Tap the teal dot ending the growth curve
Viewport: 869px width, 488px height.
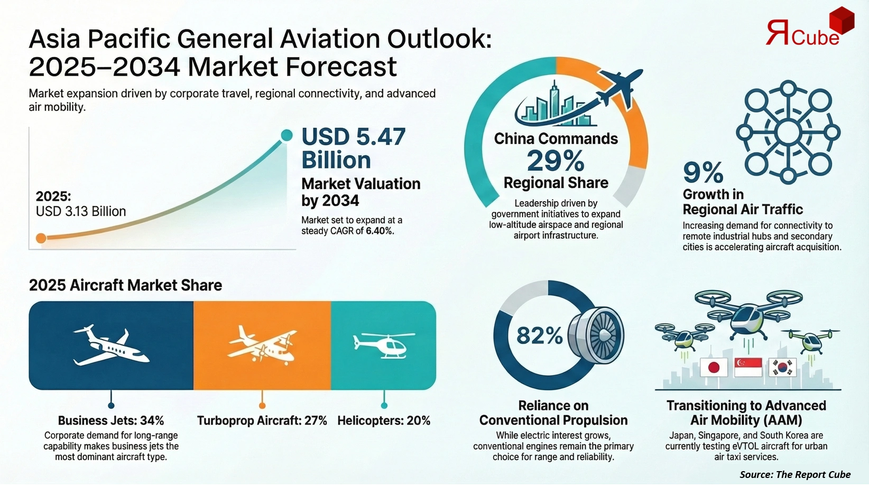click(x=286, y=135)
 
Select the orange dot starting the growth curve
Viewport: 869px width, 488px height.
click(x=41, y=238)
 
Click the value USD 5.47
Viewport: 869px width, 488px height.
click(x=353, y=137)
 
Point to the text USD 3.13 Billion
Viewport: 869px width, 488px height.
click(x=81, y=211)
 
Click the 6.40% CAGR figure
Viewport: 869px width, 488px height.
click(x=380, y=231)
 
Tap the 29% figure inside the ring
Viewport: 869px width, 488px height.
click(x=556, y=161)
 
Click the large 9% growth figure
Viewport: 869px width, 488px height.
click(x=703, y=172)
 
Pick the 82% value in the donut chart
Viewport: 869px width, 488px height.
click(x=539, y=335)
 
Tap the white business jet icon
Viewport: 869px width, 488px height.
click(x=110, y=345)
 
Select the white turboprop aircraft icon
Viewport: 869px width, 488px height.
click(x=262, y=344)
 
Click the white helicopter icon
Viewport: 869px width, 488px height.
click(x=384, y=344)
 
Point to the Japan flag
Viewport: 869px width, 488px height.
click(x=713, y=367)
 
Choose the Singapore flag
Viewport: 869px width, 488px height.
click(x=748, y=367)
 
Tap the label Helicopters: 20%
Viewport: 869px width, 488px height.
click(x=384, y=421)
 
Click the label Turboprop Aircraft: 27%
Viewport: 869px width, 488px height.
click(x=262, y=421)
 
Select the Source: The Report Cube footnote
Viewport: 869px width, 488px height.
click(x=795, y=474)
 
